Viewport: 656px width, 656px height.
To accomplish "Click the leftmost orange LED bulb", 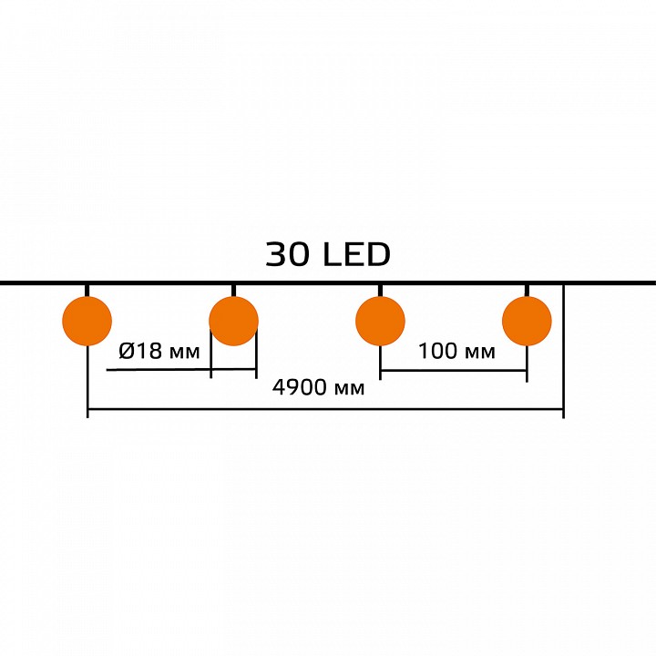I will click(x=87, y=321).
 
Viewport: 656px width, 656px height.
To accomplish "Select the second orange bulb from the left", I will click(x=233, y=321).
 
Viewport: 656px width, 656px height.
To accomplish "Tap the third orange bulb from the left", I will click(x=380, y=321).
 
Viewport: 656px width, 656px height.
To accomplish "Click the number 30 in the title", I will click(x=288, y=255).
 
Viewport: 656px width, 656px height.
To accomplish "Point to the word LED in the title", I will click(x=356, y=255).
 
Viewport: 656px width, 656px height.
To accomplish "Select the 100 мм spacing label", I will click(x=456, y=352).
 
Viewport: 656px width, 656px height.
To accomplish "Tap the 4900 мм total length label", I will click(x=319, y=389).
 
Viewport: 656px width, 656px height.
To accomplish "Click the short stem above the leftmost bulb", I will click(x=87, y=290).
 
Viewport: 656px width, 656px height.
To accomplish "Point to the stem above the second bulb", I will click(x=233, y=290).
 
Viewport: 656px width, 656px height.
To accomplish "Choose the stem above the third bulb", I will click(x=380, y=290).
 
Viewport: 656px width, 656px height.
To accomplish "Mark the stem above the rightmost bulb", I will click(x=527, y=290).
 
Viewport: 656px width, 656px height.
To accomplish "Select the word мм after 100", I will click(x=480, y=353).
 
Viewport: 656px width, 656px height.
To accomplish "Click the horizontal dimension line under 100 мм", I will click(x=453, y=371).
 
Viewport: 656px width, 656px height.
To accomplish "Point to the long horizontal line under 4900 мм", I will click(x=324, y=410).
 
